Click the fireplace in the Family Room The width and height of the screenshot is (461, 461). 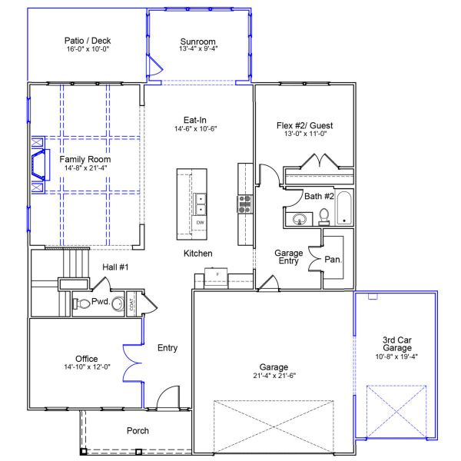[x=37, y=164]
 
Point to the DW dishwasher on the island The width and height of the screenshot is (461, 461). [x=200, y=223]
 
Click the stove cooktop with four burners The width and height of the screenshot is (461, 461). [x=245, y=204]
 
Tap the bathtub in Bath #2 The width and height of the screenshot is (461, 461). [x=343, y=207]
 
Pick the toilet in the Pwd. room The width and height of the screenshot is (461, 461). [x=82, y=303]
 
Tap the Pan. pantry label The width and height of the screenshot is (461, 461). [x=333, y=260]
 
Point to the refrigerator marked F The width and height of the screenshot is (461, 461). [x=217, y=274]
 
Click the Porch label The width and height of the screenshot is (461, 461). [x=138, y=431]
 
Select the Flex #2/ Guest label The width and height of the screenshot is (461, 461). [x=304, y=125]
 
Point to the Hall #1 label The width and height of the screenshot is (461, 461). [x=115, y=266]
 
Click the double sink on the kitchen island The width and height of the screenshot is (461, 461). [x=201, y=202]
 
